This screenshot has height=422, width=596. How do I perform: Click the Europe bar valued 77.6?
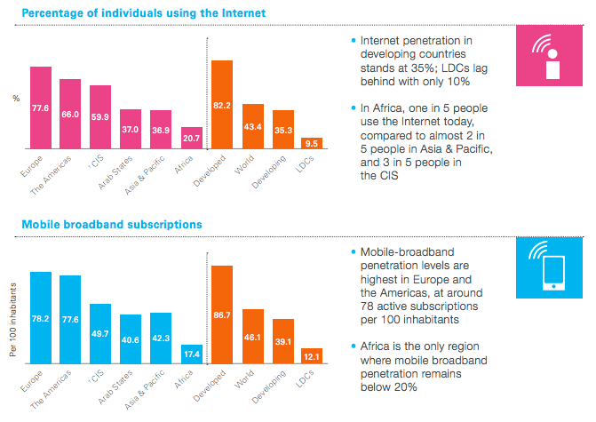tap(41, 107)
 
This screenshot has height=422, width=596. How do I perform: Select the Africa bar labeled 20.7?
tap(192, 138)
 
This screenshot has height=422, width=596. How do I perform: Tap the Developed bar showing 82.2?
tap(222, 104)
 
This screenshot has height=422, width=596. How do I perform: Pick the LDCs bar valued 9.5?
tap(312, 142)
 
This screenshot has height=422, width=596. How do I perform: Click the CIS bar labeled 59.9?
tap(100, 116)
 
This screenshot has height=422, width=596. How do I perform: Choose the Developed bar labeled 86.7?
tap(222, 315)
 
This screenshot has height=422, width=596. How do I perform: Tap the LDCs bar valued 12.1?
tap(312, 355)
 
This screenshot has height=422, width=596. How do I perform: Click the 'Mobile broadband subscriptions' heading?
tap(111, 226)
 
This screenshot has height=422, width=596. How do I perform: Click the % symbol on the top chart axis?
tap(15, 98)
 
